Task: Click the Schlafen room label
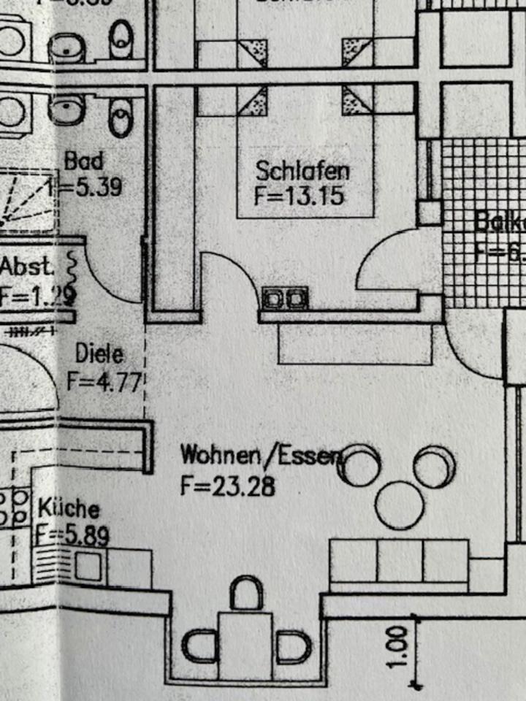302,171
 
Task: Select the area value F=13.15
299,196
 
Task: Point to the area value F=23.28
228,486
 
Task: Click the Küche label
69,507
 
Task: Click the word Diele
99,356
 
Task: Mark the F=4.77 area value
102,381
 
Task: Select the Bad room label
84,161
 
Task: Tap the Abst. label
27,267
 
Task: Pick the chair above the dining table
246,593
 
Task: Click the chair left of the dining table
198,646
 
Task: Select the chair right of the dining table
294,646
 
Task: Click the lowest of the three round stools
399,505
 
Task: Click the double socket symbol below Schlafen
285,298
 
